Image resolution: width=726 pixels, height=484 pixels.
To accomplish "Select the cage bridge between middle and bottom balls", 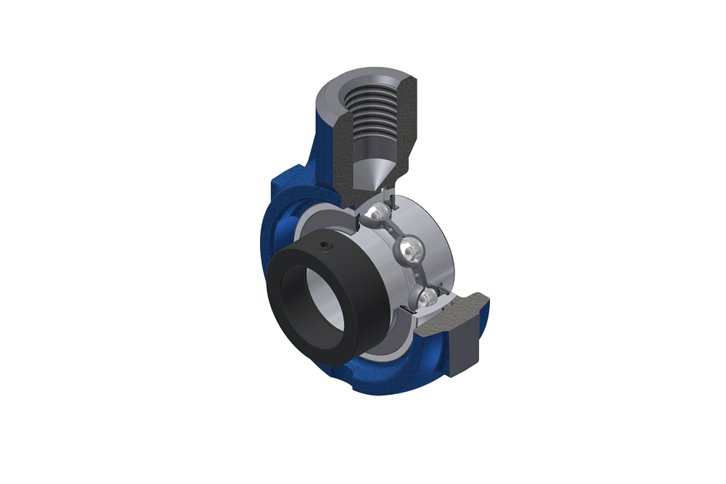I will click(421, 274).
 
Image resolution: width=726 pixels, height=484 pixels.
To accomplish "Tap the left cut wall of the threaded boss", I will click(341, 145).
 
